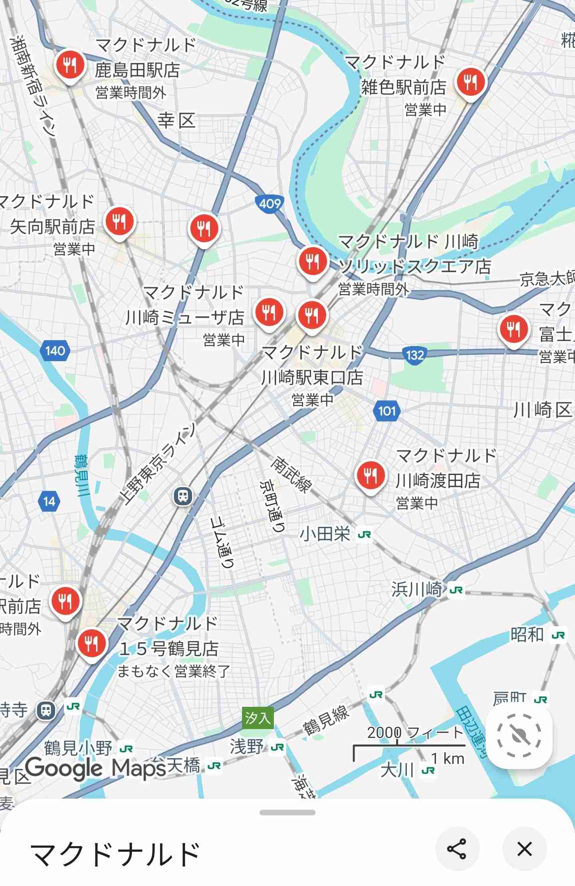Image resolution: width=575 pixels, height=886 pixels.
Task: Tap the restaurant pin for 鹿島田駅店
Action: point(70,65)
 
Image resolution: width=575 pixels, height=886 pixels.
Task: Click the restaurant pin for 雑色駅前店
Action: point(472,83)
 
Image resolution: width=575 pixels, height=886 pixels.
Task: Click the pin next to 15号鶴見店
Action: point(92,643)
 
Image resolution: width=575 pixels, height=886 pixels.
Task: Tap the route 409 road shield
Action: point(270,204)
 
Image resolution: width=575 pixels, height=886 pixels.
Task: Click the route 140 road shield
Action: point(55,351)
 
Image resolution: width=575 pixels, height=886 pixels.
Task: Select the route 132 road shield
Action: point(414,355)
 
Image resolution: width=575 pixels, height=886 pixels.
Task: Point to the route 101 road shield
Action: point(387,411)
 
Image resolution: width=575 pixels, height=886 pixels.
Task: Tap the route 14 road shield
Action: point(49,501)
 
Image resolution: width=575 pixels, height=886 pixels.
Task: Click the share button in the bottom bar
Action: point(457,848)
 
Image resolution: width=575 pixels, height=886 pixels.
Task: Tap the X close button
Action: point(524,848)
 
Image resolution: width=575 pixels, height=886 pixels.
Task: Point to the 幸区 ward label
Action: point(176,121)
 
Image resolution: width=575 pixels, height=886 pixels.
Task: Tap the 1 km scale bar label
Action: point(448,758)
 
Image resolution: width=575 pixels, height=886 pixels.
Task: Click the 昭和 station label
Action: point(527,634)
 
